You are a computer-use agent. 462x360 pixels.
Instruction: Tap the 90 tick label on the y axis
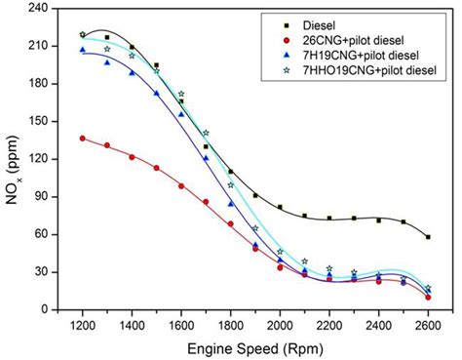click(39, 196)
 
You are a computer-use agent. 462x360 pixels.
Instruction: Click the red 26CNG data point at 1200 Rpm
click(82, 139)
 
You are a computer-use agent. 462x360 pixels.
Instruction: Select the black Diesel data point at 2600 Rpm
click(428, 237)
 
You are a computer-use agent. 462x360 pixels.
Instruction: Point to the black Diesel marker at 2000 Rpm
click(280, 207)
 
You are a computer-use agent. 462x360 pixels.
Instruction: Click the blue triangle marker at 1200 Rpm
click(82, 50)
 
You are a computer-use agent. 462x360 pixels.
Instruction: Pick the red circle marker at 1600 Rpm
click(181, 185)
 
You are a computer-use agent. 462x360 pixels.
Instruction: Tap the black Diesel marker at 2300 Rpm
click(354, 219)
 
